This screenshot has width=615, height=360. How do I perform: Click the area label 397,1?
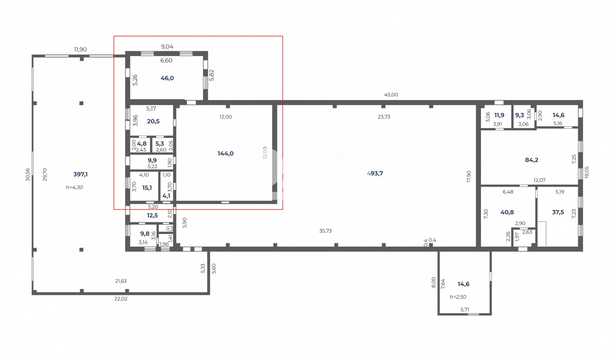(x=80, y=174)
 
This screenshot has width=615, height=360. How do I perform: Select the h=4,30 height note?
(x=74, y=187)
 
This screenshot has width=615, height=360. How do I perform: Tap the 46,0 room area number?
(x=167, y=78)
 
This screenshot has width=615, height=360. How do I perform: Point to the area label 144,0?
(x=225, y=153)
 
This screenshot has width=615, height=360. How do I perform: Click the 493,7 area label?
(x=375, y=173)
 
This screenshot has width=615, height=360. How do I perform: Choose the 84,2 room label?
(x=531, y=160)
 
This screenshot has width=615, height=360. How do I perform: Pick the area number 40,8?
(x=507, y=212)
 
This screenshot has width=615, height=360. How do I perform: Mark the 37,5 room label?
(x=558, y=212)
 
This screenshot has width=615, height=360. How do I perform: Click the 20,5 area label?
(x=153, y=121)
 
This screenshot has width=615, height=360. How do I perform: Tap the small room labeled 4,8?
(x=142, y=144)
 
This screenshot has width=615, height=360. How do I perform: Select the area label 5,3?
(x=160, y=144)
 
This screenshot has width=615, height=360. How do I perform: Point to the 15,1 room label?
(x=147, y=188)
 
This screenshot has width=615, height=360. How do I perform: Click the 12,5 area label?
(x=153, y=216)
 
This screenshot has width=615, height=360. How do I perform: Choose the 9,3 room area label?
(x=519, y=115)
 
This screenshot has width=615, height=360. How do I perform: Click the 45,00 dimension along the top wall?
(x=391, y=95)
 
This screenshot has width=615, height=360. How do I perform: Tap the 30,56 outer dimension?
(x=27, y=175)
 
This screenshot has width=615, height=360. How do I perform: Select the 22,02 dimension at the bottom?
(x=121, y=299)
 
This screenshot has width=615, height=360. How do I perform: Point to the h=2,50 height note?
(x=458, y=297)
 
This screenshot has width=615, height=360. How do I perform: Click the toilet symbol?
(x=169, y=228)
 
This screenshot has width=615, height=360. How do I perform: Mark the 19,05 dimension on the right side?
(x=587, y=172)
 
